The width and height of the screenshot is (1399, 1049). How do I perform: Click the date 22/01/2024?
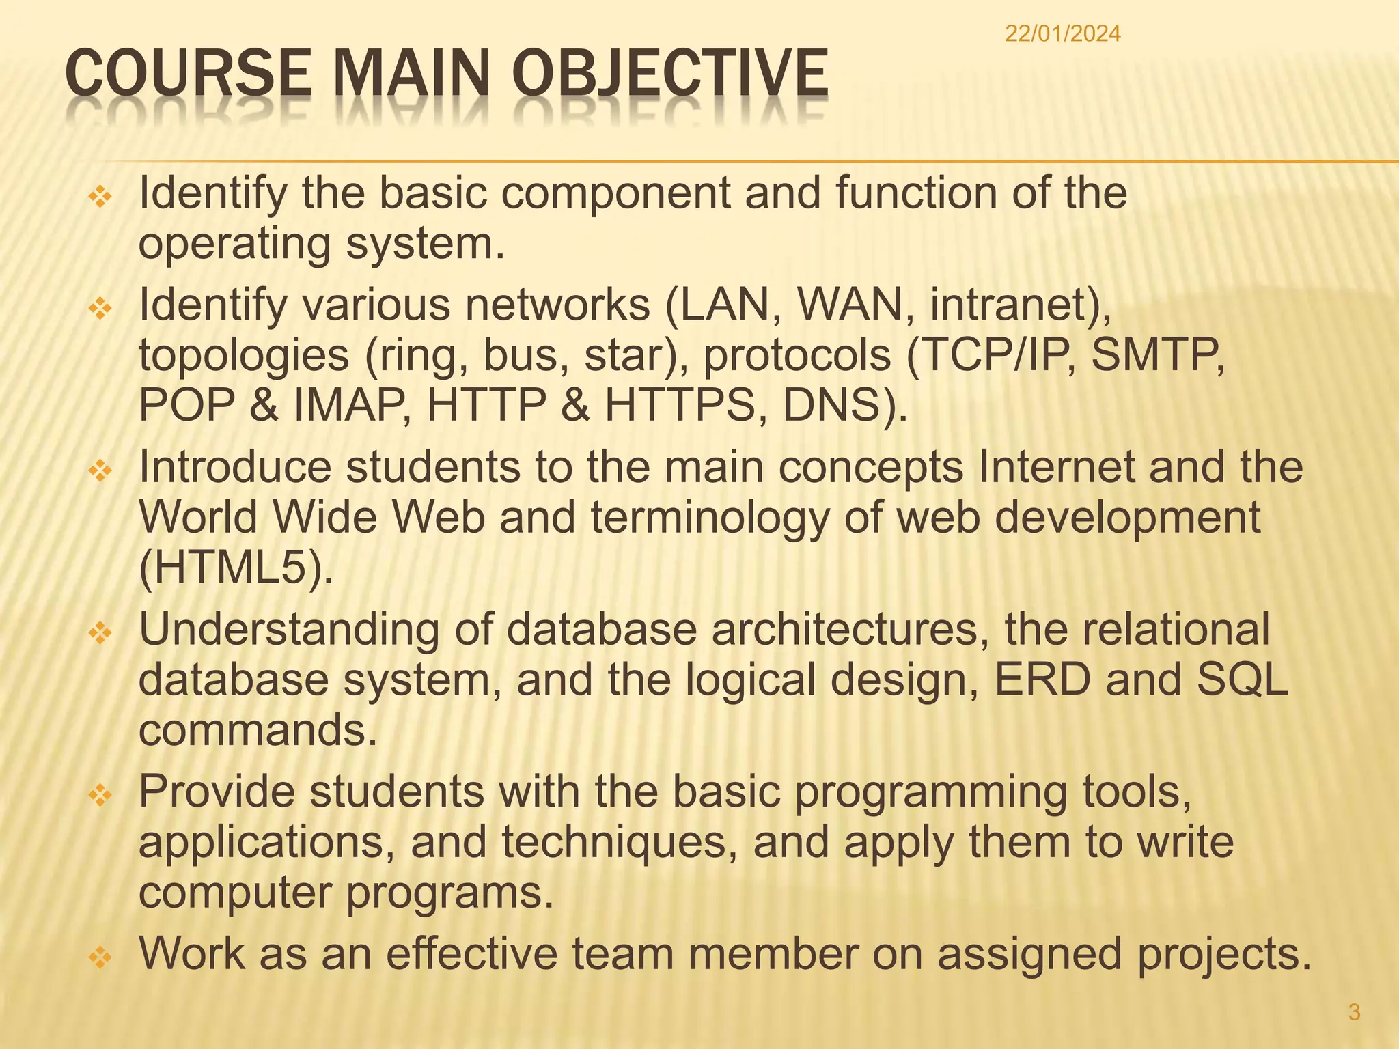click(1062, 34)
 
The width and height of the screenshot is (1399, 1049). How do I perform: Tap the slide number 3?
click(1354, 1011)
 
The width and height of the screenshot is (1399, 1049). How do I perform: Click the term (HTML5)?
click(236, 568)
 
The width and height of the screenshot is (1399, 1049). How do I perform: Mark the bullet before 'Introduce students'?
click(100, 471)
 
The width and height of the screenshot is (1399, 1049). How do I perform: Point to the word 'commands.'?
click(258, 729)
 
